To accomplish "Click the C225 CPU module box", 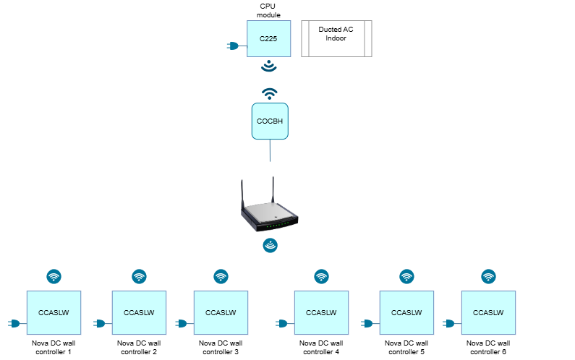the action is point(269,38).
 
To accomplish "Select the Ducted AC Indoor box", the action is point(336,38).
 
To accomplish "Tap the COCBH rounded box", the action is point(270,121).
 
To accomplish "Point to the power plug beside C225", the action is point(233,46).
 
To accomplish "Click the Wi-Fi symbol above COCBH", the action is point(270,94).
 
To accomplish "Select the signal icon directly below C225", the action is point(269,66).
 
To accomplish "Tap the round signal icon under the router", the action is point(271,245).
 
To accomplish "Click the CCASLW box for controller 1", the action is point(54,313).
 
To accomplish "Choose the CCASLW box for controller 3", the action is point(221,313).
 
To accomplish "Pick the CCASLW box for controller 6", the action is point(488,313).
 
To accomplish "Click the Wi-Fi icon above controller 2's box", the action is point(139,276).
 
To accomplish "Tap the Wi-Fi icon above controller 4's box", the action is point(322,276).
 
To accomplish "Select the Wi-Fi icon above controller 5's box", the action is point(406,276).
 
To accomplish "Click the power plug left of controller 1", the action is point(14,323).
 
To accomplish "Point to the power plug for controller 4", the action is point(281,323).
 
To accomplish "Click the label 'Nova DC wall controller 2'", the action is point(139,348).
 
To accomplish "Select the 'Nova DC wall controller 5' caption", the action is point(406,348).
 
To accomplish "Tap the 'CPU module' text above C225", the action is point(268,11).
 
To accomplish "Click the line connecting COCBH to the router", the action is point(271,150).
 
